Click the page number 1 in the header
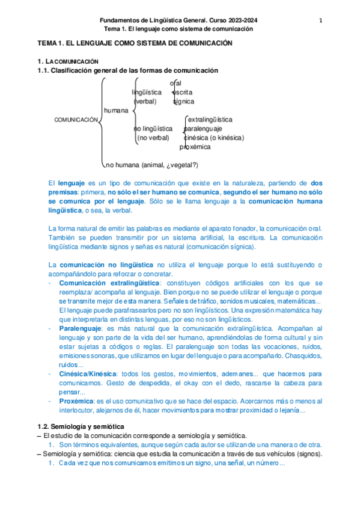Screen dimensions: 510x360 tap(321, 20)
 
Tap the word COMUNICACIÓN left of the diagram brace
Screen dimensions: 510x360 tap(76, 120)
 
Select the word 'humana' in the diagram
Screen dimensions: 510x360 tap(116, 111)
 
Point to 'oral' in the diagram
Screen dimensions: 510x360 tap(175, 83)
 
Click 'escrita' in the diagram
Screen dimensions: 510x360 tap(182, 92)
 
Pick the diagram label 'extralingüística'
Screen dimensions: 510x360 tap(210, 120)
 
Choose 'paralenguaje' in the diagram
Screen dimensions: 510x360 tap(203, 129)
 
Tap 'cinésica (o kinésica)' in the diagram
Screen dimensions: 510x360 tap(214, 138)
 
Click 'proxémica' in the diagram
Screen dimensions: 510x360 tap(195, 147)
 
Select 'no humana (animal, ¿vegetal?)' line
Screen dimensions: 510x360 tap(152, 165)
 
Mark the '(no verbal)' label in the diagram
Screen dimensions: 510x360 tap(153, 138)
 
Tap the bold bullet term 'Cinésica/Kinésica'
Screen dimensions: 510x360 tap(88, 373)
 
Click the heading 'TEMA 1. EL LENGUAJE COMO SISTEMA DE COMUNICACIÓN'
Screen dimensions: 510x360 tap(135, 44)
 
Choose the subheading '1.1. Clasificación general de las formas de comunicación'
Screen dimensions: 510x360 tap(127, 70)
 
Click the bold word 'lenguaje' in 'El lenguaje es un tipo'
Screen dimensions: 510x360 tap(71, 182)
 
